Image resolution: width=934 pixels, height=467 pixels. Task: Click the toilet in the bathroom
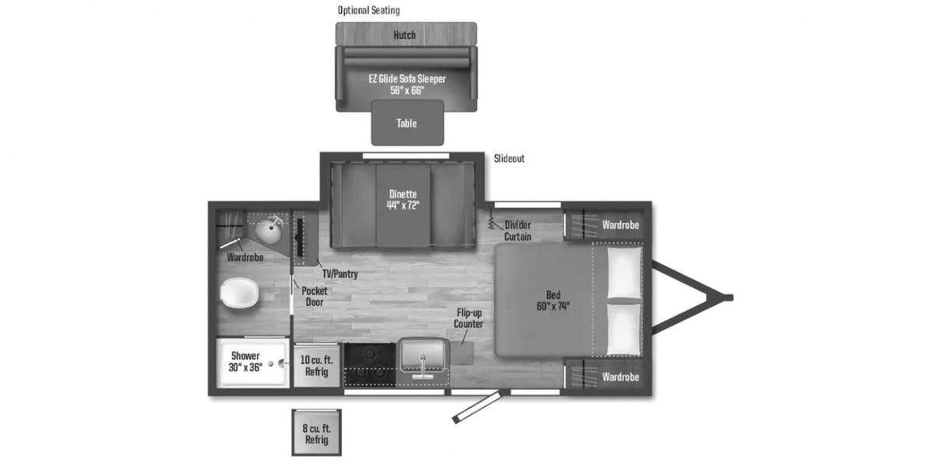coord(240,293)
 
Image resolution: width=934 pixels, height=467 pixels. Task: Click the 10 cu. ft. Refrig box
coord(317,365)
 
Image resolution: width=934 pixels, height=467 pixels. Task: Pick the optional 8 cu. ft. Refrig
coord(316,434)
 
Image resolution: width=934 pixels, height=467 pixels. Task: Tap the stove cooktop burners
coord(370,363)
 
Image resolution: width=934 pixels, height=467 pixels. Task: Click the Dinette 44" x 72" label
coord(404,200)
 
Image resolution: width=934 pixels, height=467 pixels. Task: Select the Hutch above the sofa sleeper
coord(405,35)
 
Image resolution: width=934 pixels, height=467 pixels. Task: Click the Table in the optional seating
coord(406,123)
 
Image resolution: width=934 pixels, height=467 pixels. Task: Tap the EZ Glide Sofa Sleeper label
coord(406,84)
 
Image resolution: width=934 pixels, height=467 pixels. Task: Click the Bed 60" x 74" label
coord(553,300)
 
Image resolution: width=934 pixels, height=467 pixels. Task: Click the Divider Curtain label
coord(518,230)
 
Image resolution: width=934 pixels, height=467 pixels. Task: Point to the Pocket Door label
coord(314,296)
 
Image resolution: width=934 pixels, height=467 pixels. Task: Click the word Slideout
coord(509,159)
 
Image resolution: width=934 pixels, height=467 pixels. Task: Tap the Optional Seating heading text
coord(368,11)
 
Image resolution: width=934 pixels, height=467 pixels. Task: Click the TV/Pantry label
coord(340,274)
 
